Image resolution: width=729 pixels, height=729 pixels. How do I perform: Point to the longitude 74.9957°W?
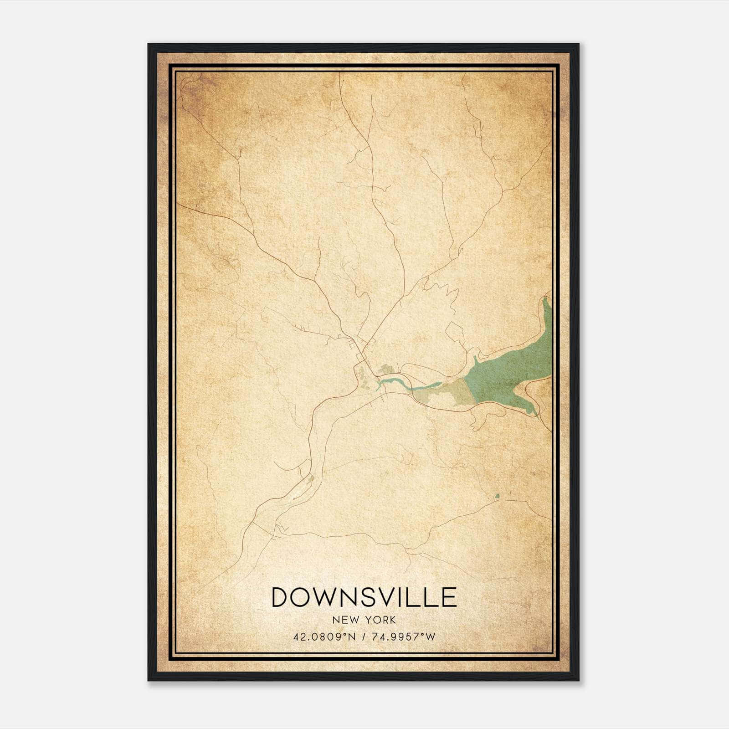[x=404, y=637]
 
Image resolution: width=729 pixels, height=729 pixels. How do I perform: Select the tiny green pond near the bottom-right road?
[x=497, y=495]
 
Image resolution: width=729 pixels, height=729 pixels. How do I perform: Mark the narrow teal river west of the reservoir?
[x=424, y=386]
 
